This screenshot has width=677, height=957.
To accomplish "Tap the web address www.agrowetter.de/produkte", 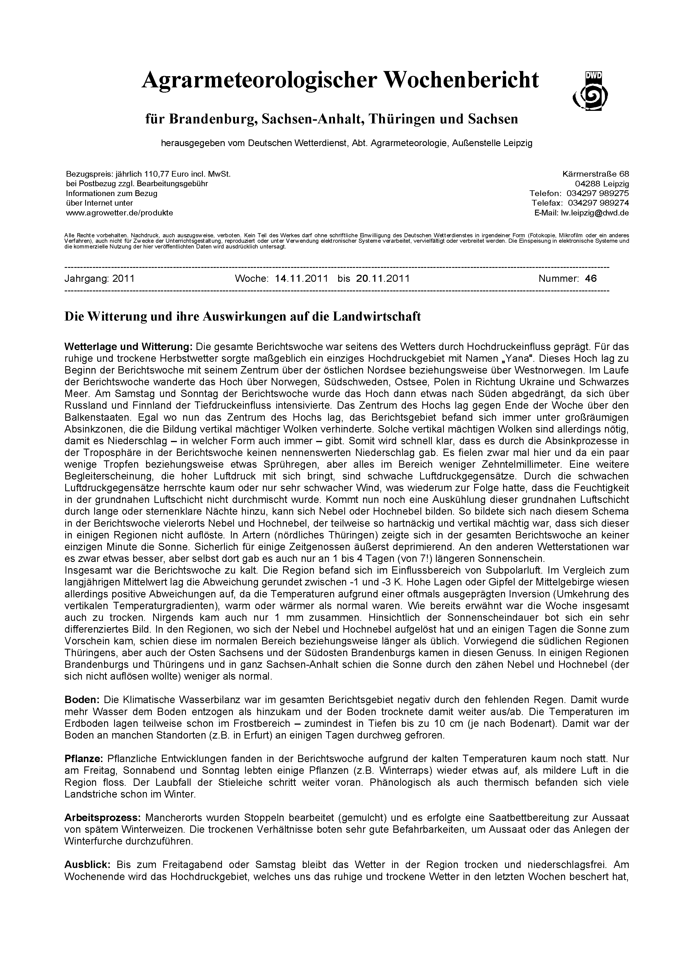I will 119,213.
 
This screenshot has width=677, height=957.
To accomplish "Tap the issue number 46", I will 591,278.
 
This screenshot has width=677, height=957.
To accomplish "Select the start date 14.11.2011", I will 301,278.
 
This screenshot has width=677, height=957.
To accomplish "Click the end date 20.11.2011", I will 383,278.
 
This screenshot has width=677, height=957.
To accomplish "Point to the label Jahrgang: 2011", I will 100,278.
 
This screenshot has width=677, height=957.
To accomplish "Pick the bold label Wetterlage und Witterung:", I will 128,346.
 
